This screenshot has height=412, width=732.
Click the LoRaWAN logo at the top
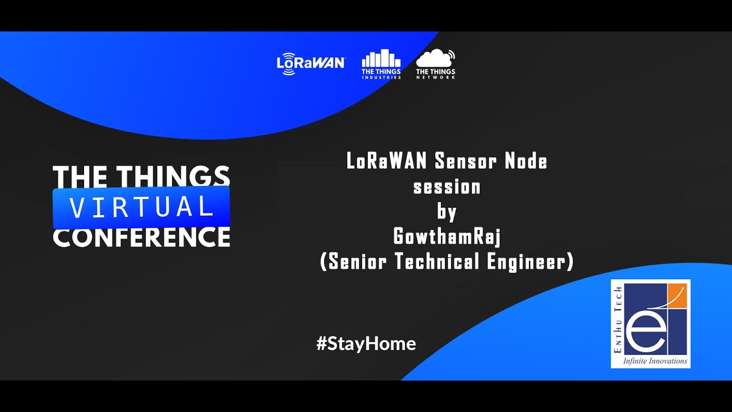click(311, 64)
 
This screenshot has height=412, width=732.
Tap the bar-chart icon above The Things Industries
click(381, 58)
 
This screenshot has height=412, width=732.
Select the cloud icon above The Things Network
click(435, 58)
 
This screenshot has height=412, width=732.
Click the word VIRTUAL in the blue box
click(141, 207)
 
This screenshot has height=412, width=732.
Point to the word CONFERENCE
click(141, 237)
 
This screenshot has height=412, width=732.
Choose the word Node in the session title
click(526, 161)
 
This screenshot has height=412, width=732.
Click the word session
click(447, 187)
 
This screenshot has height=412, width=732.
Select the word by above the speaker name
click(447, 212)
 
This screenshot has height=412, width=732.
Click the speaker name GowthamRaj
click(447, 236)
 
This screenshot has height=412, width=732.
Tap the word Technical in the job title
click(437, 261)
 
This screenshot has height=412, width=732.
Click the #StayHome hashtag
click(366, 344)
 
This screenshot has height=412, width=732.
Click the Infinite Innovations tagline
click(655, 361)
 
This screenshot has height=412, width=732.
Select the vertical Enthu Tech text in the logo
click(618, 319)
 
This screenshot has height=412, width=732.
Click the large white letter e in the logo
click(645, 336)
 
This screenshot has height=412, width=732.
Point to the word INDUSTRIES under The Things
click(381, 77)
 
